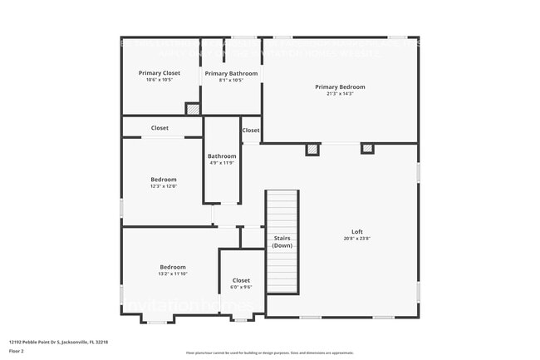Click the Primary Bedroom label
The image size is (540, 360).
(340, 86)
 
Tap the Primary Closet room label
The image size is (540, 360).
(159, 73)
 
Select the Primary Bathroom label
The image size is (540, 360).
(231, 73)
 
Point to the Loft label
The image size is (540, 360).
(357, 231)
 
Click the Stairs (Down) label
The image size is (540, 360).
(282, 242)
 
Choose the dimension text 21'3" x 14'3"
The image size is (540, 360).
(340, 94)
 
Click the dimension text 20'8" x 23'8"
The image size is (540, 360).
(357, 239)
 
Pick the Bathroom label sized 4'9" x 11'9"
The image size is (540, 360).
(222, 155)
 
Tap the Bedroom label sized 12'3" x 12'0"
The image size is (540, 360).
(163, 180)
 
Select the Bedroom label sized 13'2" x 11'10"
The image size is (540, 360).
(173, 267)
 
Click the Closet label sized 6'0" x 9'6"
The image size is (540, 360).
(241, 280)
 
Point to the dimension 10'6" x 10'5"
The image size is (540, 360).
(159, 81)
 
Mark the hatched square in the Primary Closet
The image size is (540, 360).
(192, 108)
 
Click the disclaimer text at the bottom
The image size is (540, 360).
(269, 353)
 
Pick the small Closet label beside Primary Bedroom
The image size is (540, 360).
(251, 131)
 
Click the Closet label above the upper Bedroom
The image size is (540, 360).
(160, 128)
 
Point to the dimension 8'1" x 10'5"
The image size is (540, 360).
(231, 81)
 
